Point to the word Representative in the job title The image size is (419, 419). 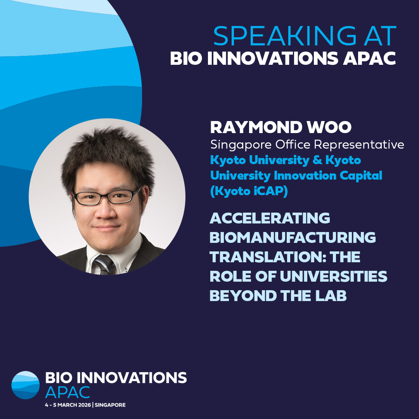359,145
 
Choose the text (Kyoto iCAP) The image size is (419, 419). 249,191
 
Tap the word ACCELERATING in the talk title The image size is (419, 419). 270,218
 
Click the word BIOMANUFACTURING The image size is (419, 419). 293,237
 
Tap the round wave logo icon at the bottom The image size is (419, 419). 26,385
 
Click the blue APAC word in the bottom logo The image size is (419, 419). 68,392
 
